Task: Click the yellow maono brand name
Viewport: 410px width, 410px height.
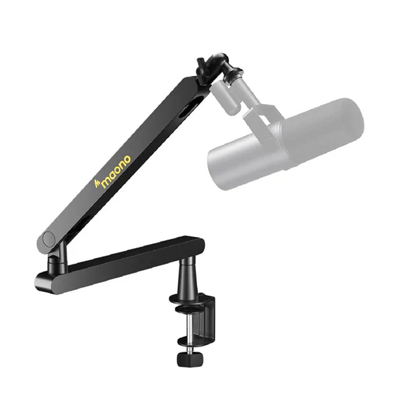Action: pos(116,172)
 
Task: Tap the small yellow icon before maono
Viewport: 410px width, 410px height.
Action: pos(97,183)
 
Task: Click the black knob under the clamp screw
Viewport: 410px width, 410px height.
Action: pos(190,359)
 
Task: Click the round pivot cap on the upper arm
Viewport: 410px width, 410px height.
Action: pos(49,238)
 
